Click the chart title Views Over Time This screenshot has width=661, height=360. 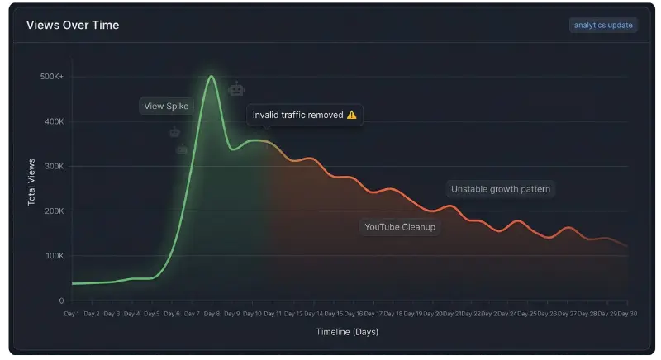(x=73, y=26)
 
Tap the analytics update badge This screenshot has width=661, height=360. (x=603, y=25)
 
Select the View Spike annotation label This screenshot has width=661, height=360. (x=166, y=106)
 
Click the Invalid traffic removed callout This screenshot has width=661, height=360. (x=303, y=115)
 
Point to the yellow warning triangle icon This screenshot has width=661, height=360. (x=351, y=115)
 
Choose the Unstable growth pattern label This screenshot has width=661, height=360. (x=501, y=189)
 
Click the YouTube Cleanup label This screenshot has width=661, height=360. (x=400, y=226)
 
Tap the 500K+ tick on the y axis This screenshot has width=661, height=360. (x=51, y=77)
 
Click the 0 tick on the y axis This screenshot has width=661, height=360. (x=61, y=301)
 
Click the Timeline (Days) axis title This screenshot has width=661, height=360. (x=347, y=332)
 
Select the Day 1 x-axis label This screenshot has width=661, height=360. (x=72, y=314)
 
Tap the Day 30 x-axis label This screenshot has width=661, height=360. (x=628, y=314)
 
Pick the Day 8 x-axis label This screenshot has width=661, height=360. (x=211, y=314)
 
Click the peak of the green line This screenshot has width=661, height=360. (x=212, y=77)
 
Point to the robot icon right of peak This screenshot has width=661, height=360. (x=236, y=88)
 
